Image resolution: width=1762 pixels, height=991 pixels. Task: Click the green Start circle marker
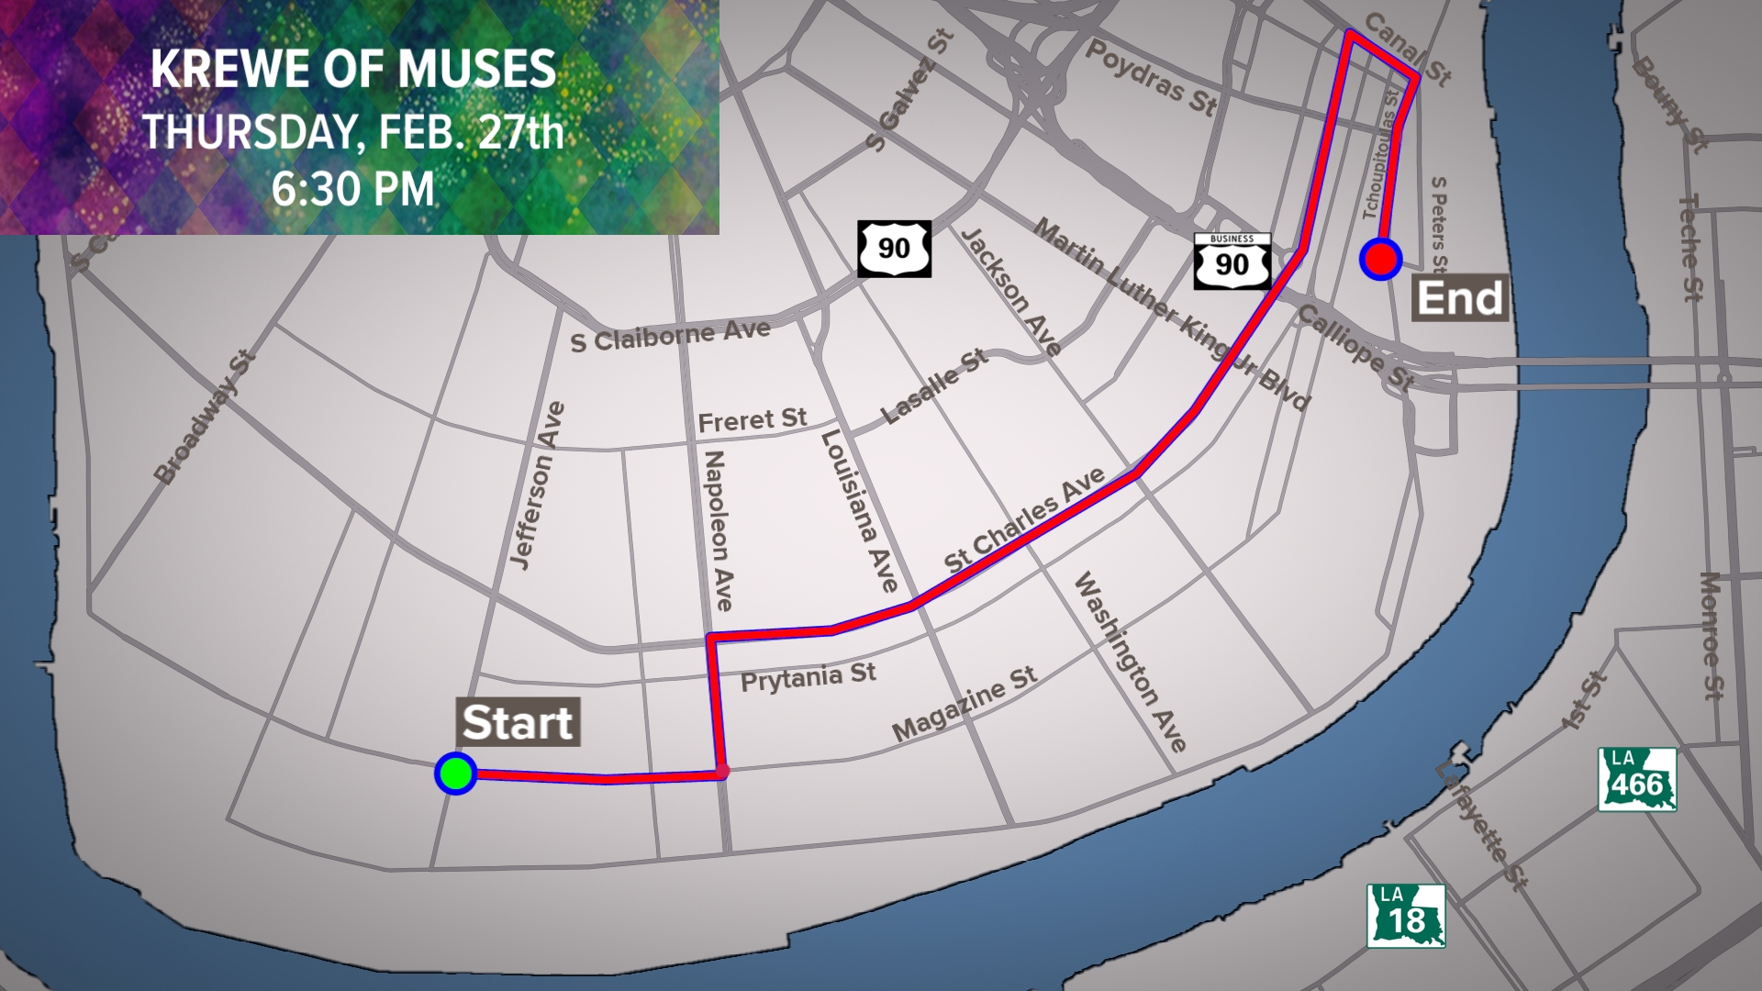click(x=455, y=774)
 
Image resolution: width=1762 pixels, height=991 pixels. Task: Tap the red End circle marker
click(x=1381, y=259)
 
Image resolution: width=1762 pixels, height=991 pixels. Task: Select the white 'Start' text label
click(x=518, y=723)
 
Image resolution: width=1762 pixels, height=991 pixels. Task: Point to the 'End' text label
click(x=1460, y=298)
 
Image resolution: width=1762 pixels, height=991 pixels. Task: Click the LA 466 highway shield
click(x=1637, y=780)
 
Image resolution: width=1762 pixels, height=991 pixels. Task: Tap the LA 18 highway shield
click(x=1406, y=916)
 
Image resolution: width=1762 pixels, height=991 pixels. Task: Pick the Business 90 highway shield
click(x=1232, y=262)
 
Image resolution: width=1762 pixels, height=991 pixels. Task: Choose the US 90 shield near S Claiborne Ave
click(x=894, y=249)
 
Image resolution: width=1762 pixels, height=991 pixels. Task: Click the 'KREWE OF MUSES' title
click(x=353, y=70)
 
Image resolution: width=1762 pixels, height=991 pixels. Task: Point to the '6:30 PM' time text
click(x=353, y=190)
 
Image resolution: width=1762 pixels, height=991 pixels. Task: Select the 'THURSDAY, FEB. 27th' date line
click(x=353, y=131)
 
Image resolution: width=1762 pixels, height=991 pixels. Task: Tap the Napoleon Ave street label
click(x=718, y=530)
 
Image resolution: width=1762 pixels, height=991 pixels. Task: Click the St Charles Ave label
click(x=1026, y=520)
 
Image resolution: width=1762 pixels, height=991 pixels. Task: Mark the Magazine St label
click(x=965, y=704)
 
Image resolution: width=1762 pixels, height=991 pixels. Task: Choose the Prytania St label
click(x=808, y=678)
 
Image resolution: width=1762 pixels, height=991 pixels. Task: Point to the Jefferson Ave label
click(x=537, y=486)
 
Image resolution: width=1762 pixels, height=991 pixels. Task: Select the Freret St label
click(x=752, y=420)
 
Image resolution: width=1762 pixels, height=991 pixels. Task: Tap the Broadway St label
click(x=203, y=418)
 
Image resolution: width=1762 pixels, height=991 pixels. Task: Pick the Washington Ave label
click(x=1130, y=662)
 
